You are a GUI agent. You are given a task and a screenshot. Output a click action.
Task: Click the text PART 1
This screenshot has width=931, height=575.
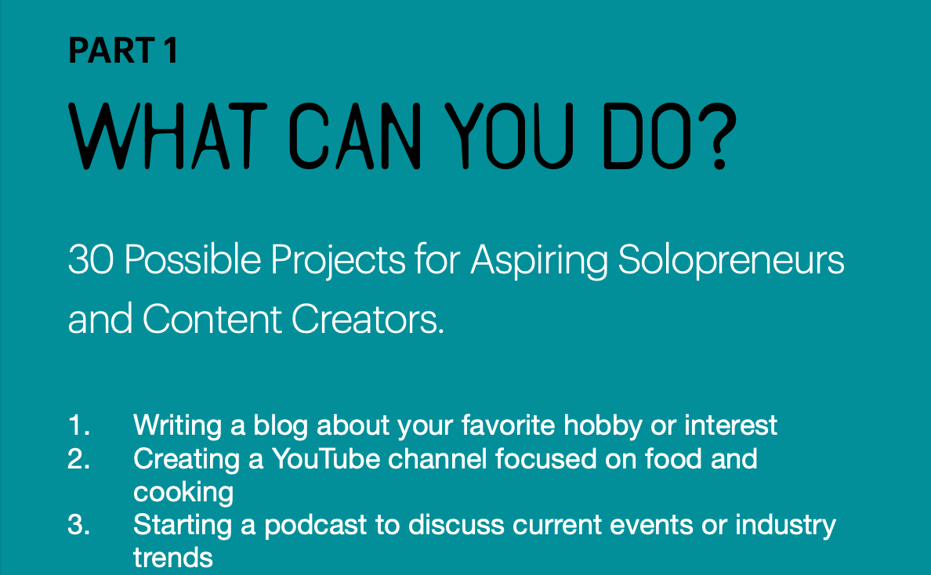tap(124, 50)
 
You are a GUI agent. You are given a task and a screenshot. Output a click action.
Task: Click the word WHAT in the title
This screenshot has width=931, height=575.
tap(168, 136)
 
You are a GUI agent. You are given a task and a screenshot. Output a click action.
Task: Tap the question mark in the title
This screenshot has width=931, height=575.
tap(721, 136)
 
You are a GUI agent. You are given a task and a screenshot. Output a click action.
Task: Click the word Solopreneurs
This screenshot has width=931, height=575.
tap(731, 262)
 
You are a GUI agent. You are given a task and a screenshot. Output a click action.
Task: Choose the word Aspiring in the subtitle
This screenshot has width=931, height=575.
tap(539, 262)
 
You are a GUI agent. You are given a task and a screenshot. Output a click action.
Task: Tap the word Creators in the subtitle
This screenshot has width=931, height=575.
tap(368, 319)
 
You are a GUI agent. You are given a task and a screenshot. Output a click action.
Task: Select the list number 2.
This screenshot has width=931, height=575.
tap(79, 459)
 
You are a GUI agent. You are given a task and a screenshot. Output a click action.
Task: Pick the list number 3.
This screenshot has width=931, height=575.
tap(79, 525)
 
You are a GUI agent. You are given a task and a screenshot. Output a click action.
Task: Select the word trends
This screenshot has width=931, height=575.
tap(172, 559)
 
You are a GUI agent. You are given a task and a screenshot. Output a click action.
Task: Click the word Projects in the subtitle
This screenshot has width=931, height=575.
tap(338, 262)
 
